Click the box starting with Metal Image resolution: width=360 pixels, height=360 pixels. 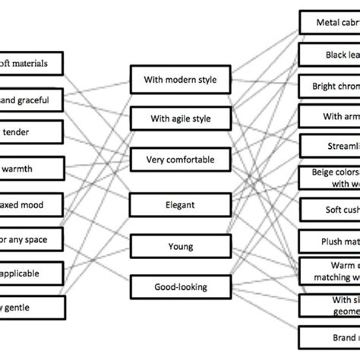pos(330,23)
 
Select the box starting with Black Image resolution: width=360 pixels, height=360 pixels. pos(330,55)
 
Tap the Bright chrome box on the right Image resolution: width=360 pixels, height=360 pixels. pos(330,86)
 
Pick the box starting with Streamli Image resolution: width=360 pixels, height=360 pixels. pos(330,147)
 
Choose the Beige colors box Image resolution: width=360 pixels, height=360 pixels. pos(330,178)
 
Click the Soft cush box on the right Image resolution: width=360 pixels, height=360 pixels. pos(330,210)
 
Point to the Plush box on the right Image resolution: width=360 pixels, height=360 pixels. pos(330,242)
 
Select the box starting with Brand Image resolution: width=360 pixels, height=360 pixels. pos(330,336)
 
